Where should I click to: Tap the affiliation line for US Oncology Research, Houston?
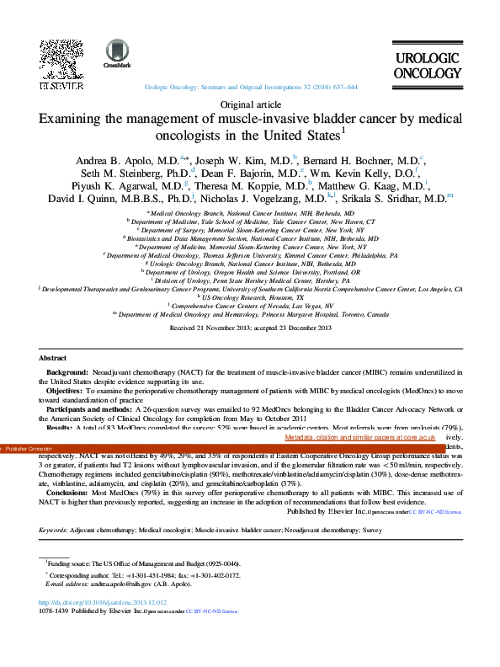point(249,298)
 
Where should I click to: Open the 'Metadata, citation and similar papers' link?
point(359,438)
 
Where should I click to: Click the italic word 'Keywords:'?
point(56,531)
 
